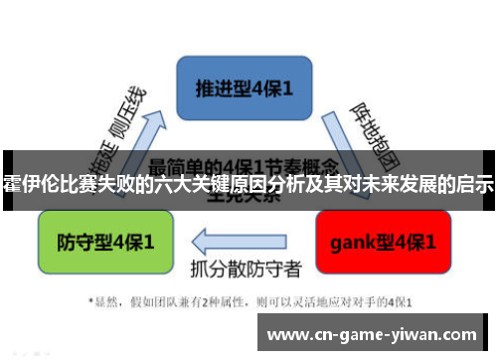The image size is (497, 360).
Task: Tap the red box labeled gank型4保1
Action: click(x=388, y=241)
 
